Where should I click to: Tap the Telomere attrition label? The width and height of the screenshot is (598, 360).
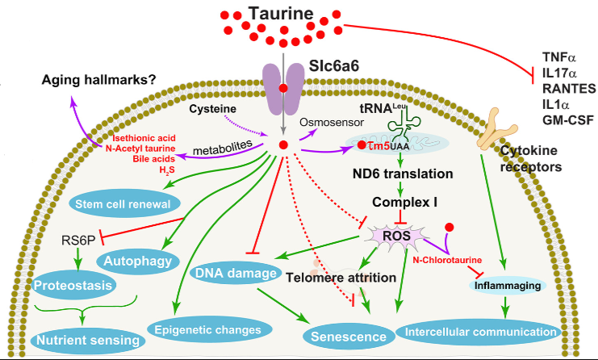click(x=345, y=278)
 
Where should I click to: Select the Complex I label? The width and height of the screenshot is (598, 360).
click(x=403, y=200)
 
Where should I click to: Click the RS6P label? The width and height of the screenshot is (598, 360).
click(x=78, y=240)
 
